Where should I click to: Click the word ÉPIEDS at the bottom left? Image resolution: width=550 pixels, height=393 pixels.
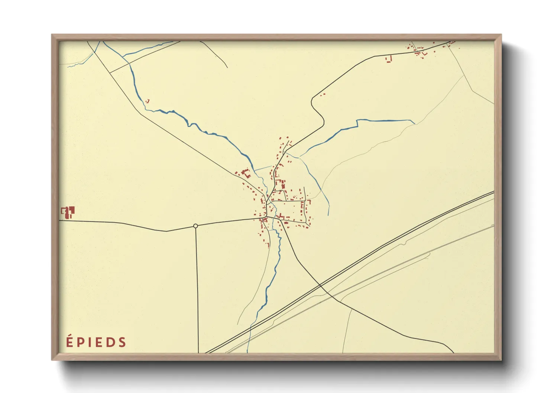[x=96, y=342]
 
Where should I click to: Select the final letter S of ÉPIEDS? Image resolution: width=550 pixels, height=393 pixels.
[x=122, y=342]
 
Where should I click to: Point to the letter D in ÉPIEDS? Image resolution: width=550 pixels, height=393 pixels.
[x=110, y=342]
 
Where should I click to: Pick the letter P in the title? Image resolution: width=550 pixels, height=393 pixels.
[x=80, y=342]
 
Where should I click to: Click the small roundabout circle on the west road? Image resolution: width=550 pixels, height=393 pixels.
[x=195, y=226]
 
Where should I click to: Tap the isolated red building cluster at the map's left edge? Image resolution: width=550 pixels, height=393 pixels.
[x=68, y=212]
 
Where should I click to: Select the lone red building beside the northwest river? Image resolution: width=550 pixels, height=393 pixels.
[x=148, y=101]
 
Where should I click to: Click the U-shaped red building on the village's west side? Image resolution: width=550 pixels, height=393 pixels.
[x=245, y=173]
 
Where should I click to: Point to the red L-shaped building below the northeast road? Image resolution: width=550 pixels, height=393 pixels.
[x=389, y=59]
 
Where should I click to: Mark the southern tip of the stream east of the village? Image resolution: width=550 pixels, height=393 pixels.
[x=328, y=215]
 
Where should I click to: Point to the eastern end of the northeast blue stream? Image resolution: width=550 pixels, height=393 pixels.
[x=414, y=123]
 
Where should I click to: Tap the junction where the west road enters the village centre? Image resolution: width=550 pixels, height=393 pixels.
[x=266, y=217]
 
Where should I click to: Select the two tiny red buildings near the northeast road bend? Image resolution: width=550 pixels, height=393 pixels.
[x=323, y=95]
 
